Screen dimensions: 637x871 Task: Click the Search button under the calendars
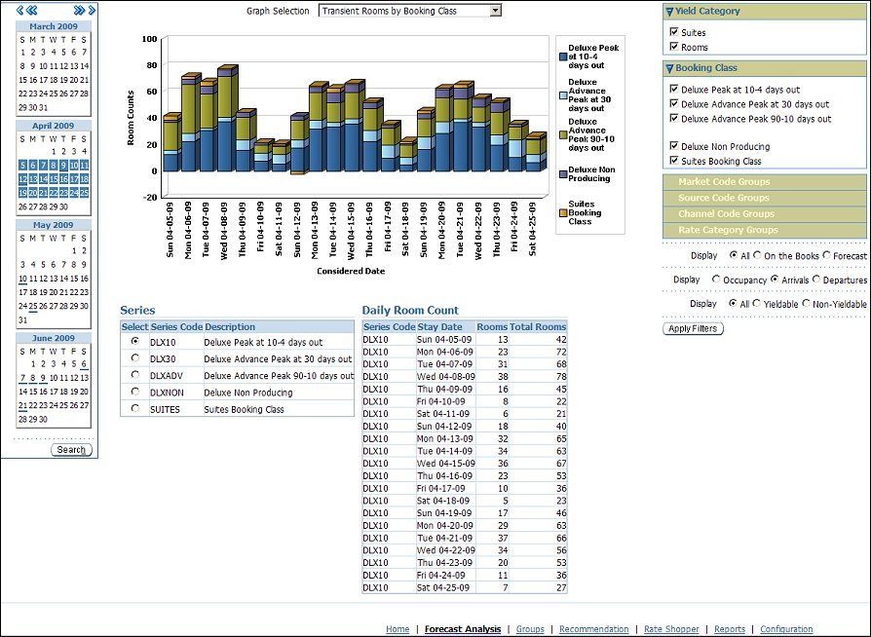(71, 450)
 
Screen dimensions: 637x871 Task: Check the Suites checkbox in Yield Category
(674, 32)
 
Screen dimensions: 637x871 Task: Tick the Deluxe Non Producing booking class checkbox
(674, 147)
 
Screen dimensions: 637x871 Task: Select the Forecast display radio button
(827, 255)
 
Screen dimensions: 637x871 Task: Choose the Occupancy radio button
(717, 280)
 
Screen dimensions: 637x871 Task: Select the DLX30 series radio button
(134, 359)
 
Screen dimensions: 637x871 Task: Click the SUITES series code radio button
(134, 409)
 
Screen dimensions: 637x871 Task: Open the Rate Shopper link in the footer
(671, 629)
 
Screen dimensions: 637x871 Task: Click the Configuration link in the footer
(786, 629)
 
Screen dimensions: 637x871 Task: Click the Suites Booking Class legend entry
(585, 212)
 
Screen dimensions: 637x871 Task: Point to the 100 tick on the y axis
(149, 39)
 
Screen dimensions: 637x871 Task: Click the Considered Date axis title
(351, 271)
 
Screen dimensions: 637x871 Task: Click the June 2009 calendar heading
(53, 338)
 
